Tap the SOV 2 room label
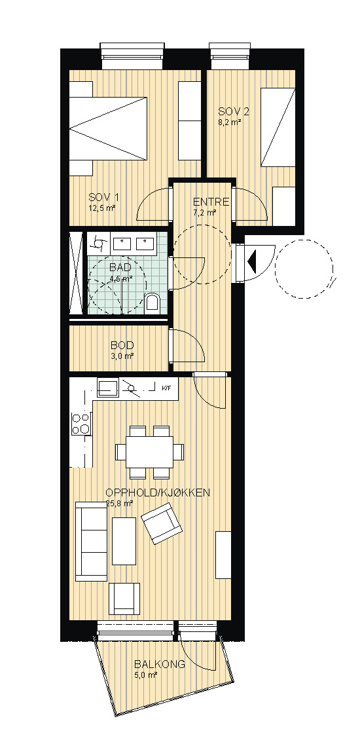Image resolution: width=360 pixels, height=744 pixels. pos(234,111)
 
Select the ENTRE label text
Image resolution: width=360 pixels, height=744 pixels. pos(211,202)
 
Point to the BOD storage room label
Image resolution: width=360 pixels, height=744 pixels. pos(122,345)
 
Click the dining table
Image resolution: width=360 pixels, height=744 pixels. pos(150,451)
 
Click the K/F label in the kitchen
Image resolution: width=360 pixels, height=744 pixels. pos(166,388)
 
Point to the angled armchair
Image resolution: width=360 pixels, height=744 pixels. pos(162,523)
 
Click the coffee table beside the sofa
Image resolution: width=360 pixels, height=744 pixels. pos(124,541)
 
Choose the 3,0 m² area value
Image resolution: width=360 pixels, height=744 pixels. pos(122,356)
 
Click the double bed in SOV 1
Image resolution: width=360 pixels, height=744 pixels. pos(108,128)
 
